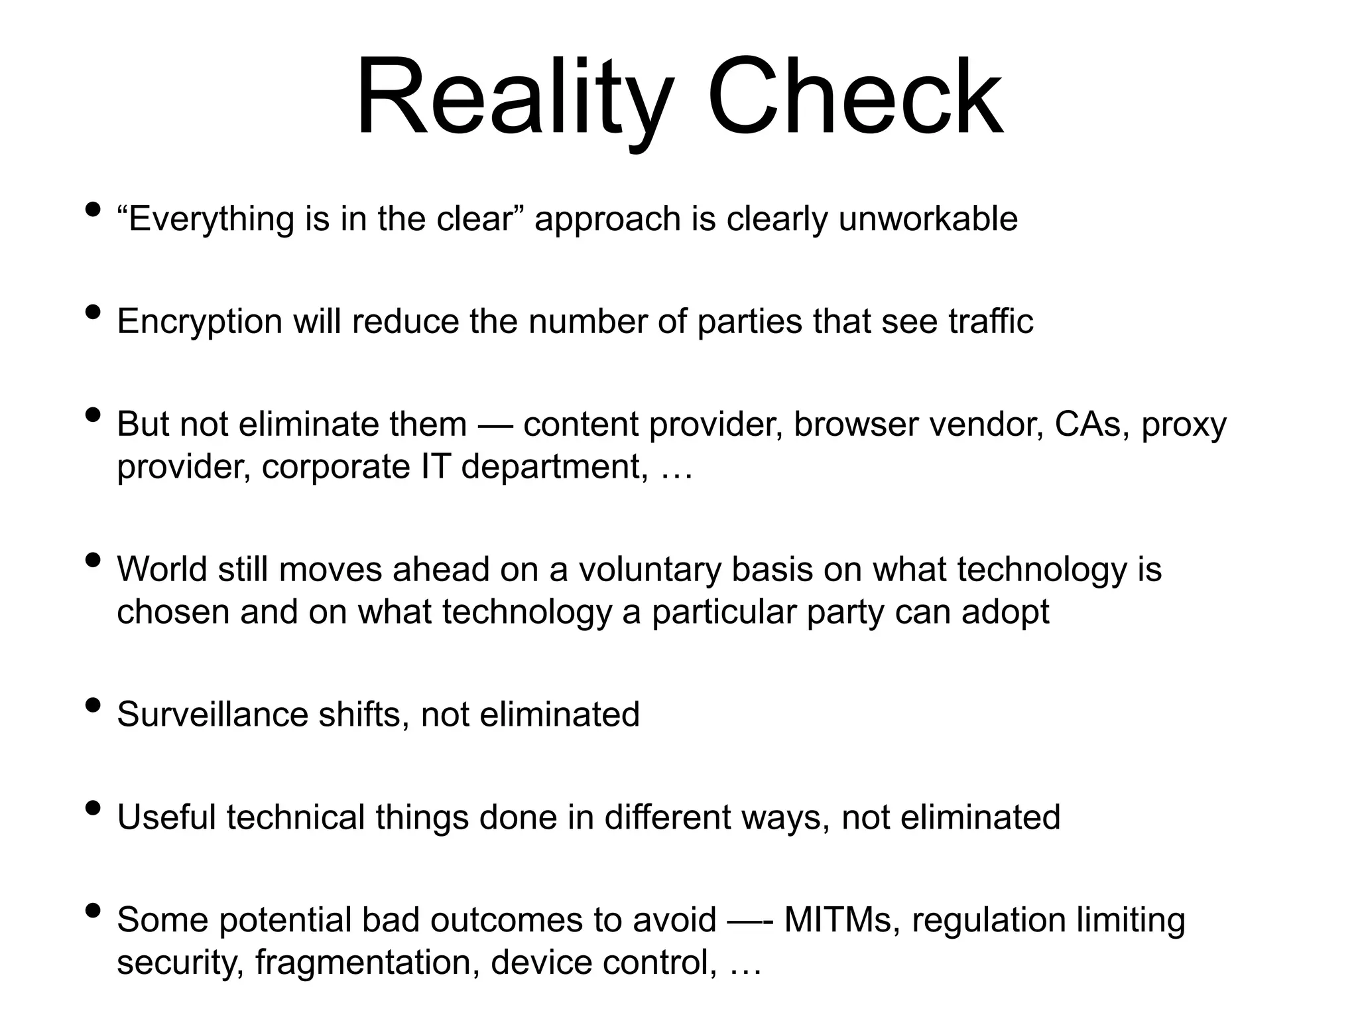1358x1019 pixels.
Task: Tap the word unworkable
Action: [x=928, y=219]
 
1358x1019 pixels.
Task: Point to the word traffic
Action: [x=991, y=321]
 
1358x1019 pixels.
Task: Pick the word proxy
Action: [x=1184, y=426]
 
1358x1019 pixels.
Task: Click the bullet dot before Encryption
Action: [x=93, y=312]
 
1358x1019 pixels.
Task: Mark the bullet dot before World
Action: [x=93, y=560]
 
